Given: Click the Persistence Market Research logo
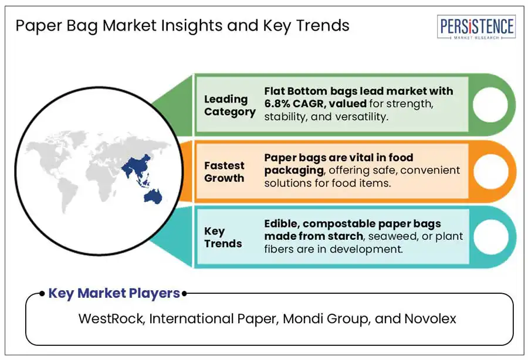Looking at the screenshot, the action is pos(476,27).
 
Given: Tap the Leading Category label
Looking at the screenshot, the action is pos(229,106).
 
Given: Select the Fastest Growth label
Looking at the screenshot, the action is pos(224,172).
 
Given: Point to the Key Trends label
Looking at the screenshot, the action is pos(223,237).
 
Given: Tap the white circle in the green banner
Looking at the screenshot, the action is pos(490,104).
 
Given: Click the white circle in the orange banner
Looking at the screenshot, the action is pos(490,171).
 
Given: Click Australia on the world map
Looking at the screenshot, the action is pos(153,196).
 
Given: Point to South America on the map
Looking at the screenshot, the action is pos(67,195).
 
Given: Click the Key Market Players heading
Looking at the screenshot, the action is pos(114,293).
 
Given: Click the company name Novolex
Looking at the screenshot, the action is pos(431,318).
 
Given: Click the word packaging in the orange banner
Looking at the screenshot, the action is pos(295,171).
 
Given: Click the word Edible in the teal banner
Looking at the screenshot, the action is pos(281,223).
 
